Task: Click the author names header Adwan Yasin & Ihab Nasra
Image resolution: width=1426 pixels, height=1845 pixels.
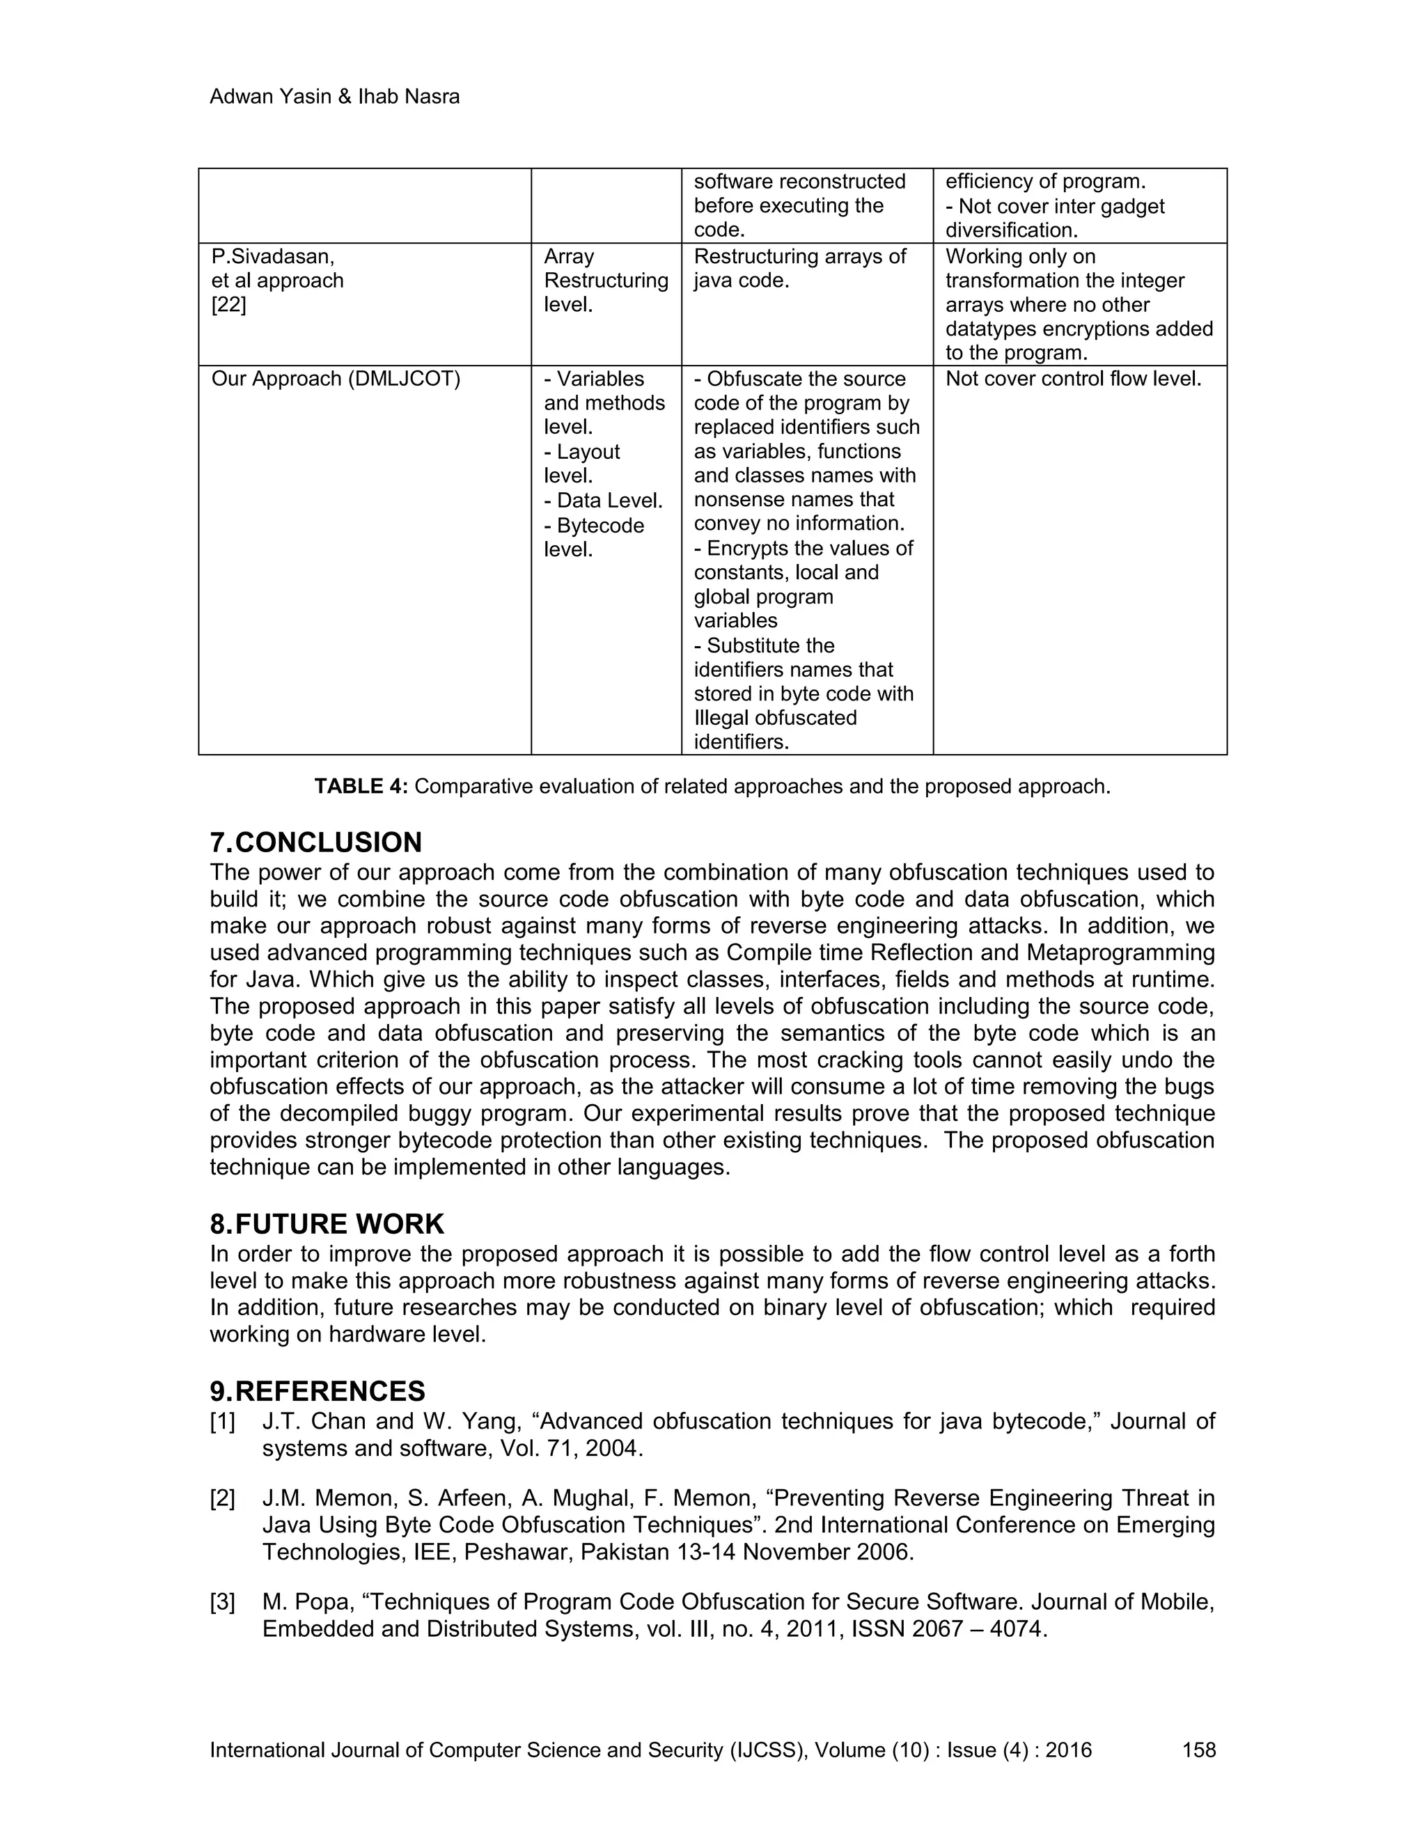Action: [x=334, y=97]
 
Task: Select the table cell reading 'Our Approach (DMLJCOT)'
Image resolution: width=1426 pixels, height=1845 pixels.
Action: [x=336, y=379]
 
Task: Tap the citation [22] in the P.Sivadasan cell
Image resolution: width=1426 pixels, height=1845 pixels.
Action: [x=228, y=305]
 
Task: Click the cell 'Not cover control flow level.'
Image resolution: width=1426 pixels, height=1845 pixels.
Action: [x=1073, y=379]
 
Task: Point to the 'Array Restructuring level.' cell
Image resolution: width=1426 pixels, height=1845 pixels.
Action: [x=605, y=281]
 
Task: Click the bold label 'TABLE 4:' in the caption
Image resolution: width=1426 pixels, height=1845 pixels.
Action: [x=361, y=787]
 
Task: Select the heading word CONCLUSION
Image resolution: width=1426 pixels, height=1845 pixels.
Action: [x=329, y=842]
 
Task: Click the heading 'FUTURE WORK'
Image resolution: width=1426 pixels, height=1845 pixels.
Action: [x=339, y=1224]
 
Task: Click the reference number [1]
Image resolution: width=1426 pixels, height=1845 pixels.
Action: [x=222, y=1422]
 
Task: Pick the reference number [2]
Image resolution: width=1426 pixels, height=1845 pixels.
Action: [x=222, y=1499]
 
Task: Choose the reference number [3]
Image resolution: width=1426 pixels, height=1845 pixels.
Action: [x=222, y=1603]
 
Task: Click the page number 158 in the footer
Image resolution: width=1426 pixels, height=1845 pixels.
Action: [x=1199, y=1750]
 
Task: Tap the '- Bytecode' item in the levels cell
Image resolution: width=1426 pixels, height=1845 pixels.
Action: [x=594, y=526]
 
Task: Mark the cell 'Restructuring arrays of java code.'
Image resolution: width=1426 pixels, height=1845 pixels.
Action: [x=799, y=269]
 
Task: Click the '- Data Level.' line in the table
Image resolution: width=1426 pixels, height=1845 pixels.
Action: [x=603, y=501]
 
